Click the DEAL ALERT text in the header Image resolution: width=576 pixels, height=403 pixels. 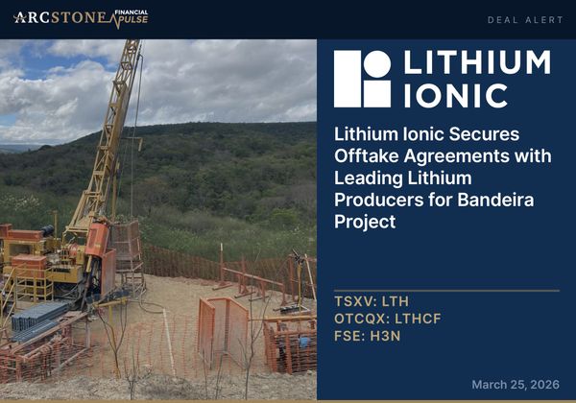pyautogui.click(x=525, y=19)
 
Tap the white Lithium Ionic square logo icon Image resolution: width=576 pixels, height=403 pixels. pyautogui.click(x=362, y=79)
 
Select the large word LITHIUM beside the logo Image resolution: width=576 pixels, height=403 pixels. pyautogui.click(x=477, y=63)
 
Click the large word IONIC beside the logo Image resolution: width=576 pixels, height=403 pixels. pyautogui.click(x=456, y=95)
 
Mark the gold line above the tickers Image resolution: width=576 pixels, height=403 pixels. pyautogui.click(x=446, y=290)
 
